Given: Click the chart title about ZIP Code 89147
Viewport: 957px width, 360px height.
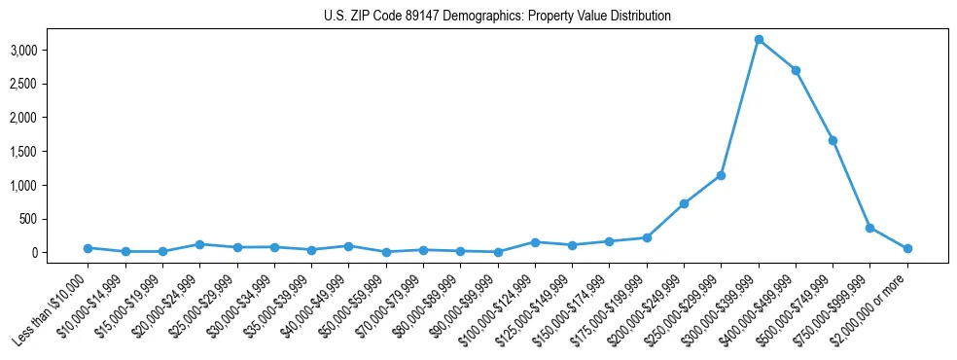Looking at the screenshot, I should tap(497, 17).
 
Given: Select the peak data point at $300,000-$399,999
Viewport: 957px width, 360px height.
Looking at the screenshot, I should tap(759, 40).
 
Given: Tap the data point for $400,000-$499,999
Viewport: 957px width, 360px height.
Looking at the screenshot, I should tap(796, 70).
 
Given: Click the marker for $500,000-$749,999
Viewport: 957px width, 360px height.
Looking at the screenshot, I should tap(833, 140).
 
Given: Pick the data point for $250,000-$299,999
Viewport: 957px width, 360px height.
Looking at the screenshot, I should tap(721, 175).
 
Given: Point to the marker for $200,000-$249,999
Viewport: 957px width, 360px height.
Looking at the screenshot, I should tap(684, 203).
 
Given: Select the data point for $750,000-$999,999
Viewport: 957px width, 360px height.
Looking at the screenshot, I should tap(869, 228).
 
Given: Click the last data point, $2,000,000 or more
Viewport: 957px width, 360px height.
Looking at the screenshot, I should tap(907, 248).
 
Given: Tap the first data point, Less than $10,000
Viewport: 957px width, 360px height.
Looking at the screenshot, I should tap(88, 248).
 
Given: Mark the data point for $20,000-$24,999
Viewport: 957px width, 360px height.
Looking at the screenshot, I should tap(199, 244).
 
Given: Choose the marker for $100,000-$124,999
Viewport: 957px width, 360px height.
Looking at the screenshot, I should tap(535, 242).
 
